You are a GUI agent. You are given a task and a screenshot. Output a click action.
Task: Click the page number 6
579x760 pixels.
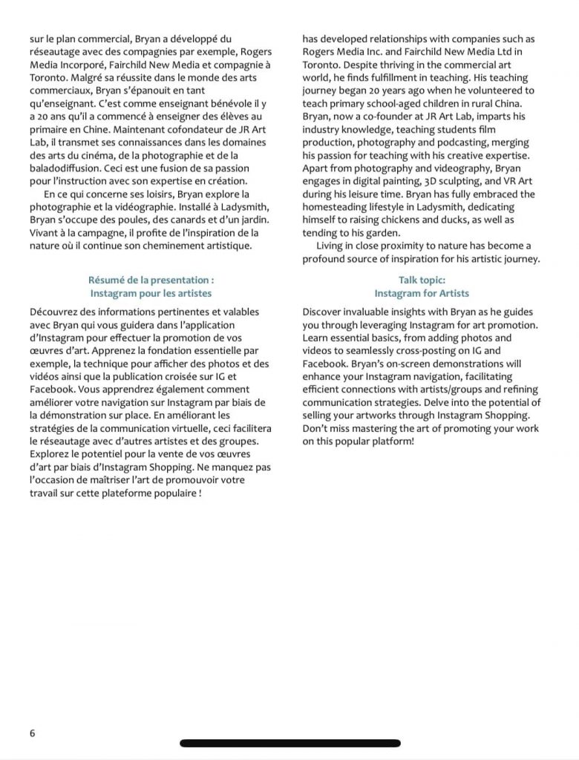click(33, 733)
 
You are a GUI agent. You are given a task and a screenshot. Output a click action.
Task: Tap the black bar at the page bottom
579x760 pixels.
click(290, 743)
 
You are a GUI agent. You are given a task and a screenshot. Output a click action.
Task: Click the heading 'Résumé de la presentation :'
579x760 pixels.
click(151, 281)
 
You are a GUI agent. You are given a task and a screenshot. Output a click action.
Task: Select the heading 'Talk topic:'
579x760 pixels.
click(422, 281)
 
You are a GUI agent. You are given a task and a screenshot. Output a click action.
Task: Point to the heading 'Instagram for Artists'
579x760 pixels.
click(422, 294)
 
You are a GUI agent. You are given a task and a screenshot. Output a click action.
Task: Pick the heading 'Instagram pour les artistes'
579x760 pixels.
click(151, 294)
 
